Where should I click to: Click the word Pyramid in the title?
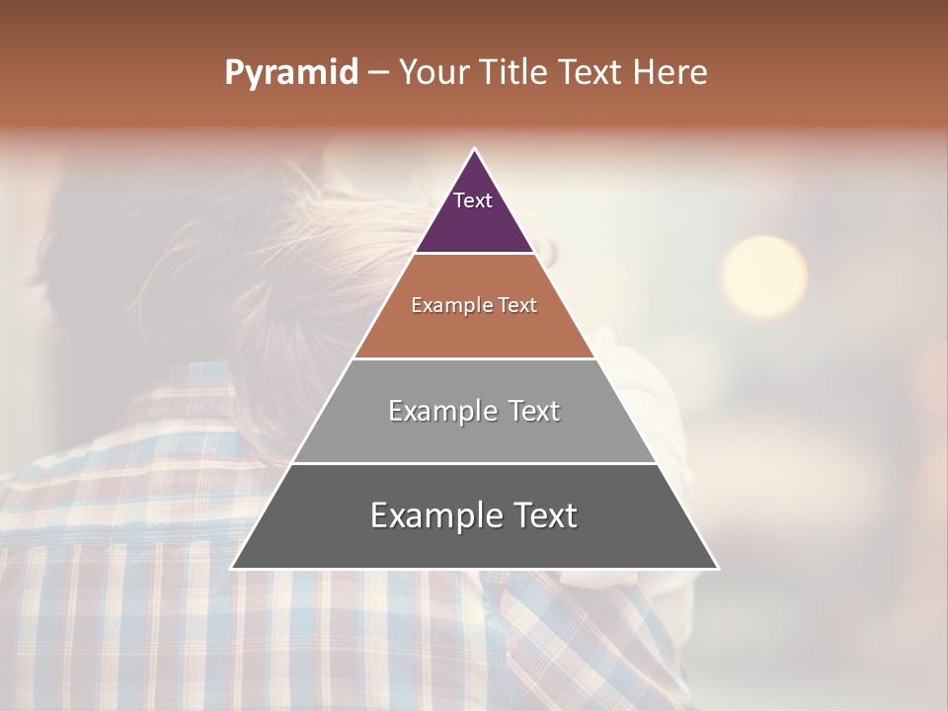click(290, 73)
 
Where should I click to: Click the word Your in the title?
click(434, 73)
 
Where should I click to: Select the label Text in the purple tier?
click(473, 200)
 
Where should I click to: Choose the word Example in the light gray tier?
click(442, 412)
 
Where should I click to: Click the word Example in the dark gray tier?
click(435, 516)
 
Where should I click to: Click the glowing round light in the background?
click(763, 276)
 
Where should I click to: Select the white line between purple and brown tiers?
click(474, 254)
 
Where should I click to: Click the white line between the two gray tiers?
click(474, 463)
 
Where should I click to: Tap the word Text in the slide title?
click(591, 73)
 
